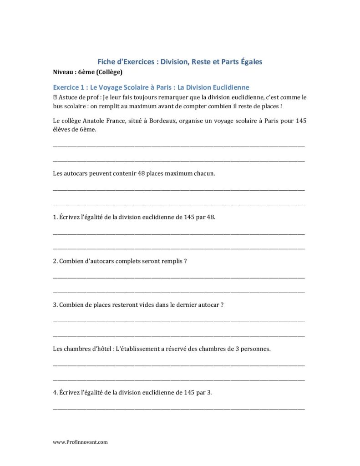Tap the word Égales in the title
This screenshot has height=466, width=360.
[248, 61]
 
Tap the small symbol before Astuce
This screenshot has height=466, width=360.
[55, 97]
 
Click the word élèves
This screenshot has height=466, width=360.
[62, 129]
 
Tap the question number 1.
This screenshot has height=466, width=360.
[55, 217]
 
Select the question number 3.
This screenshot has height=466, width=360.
[55, 305]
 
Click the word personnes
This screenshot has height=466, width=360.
[255, 349]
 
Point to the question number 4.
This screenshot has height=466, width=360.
[55, 393]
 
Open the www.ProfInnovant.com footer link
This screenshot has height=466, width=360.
[81, 442]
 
